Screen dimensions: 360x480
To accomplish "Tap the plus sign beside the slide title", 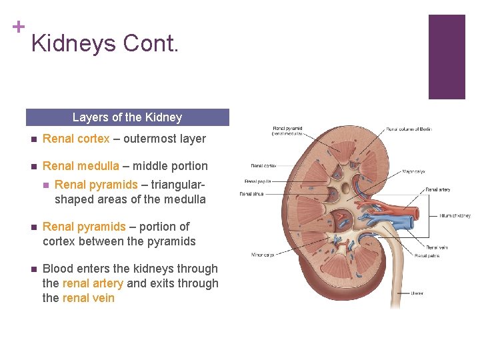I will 18,27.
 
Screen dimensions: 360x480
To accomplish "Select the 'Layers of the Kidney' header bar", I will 127,117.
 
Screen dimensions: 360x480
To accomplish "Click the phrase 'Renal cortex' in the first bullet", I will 75,139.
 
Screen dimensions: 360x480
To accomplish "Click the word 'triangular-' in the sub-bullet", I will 173,185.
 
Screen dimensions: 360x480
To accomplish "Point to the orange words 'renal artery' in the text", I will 93,283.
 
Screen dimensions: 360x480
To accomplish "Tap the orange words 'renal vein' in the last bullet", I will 88,298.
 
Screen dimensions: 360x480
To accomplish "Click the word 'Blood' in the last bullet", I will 57,269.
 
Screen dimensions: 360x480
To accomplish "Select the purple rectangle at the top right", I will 446,57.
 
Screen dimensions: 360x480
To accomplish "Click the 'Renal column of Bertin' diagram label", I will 409,129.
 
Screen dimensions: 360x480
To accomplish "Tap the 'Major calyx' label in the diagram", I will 413,171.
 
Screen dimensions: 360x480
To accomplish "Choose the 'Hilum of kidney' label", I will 455,215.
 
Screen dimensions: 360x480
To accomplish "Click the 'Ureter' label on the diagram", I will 417,293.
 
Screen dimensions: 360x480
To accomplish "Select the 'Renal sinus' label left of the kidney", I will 252,194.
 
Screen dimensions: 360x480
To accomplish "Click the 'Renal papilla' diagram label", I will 258,181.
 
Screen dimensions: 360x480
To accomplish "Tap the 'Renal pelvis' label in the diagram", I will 427,255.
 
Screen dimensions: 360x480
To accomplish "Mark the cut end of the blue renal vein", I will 407,230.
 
